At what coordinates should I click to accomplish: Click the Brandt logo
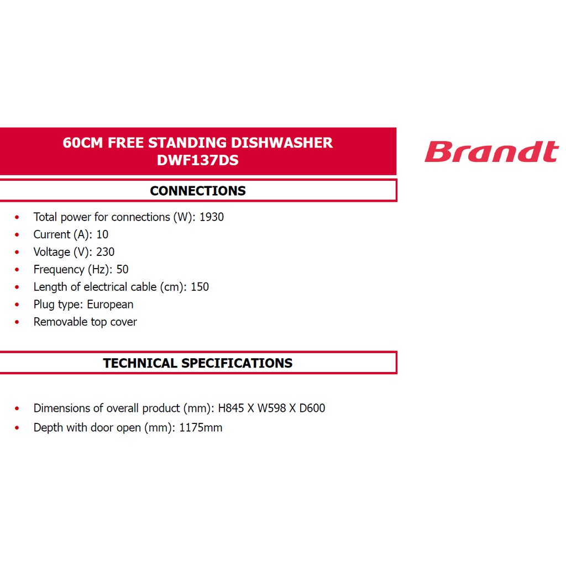[491, 152]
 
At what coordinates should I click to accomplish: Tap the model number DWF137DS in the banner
[198, 160]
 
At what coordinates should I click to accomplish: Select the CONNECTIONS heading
[198, 191]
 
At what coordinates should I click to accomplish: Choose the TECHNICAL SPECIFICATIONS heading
[198, 363]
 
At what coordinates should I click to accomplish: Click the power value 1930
[212, 217]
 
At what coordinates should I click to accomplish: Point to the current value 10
[102, 234]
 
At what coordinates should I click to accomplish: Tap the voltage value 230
[105, 252]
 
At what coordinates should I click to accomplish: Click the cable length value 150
[200, 287]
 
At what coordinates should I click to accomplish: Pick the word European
[110, 305]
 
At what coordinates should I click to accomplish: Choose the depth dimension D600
[312, 408]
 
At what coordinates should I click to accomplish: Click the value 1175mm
[201, 428]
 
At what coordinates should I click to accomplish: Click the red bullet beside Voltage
[18, 253]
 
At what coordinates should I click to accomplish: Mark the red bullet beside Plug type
[18, 305]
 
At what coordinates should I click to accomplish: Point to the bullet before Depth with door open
[18, 428]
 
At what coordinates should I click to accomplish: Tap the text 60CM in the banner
[83, 143]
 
